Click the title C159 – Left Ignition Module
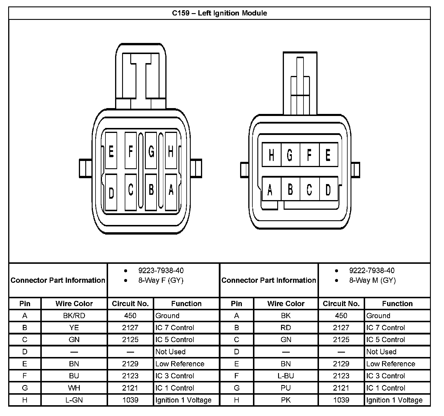pos(219,13)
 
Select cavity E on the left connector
pos(111,151)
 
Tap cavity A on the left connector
pos(171,192)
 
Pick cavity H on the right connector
pos(271,155)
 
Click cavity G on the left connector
pos(151,151)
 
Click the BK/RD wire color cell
pos(74,316)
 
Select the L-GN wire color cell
pos(74,400)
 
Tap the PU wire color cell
pos(286,388)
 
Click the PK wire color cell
pos(286,400)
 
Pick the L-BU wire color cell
pos(286,376)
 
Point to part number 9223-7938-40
pos(161,271)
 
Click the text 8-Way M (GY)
pos(372,280)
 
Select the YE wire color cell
pos(74,328)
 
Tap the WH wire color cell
pos(74,388)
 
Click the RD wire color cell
pos(286,328)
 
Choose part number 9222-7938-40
pos(372,271)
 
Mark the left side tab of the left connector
pos(86,169)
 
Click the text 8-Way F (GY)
pos(161,280)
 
